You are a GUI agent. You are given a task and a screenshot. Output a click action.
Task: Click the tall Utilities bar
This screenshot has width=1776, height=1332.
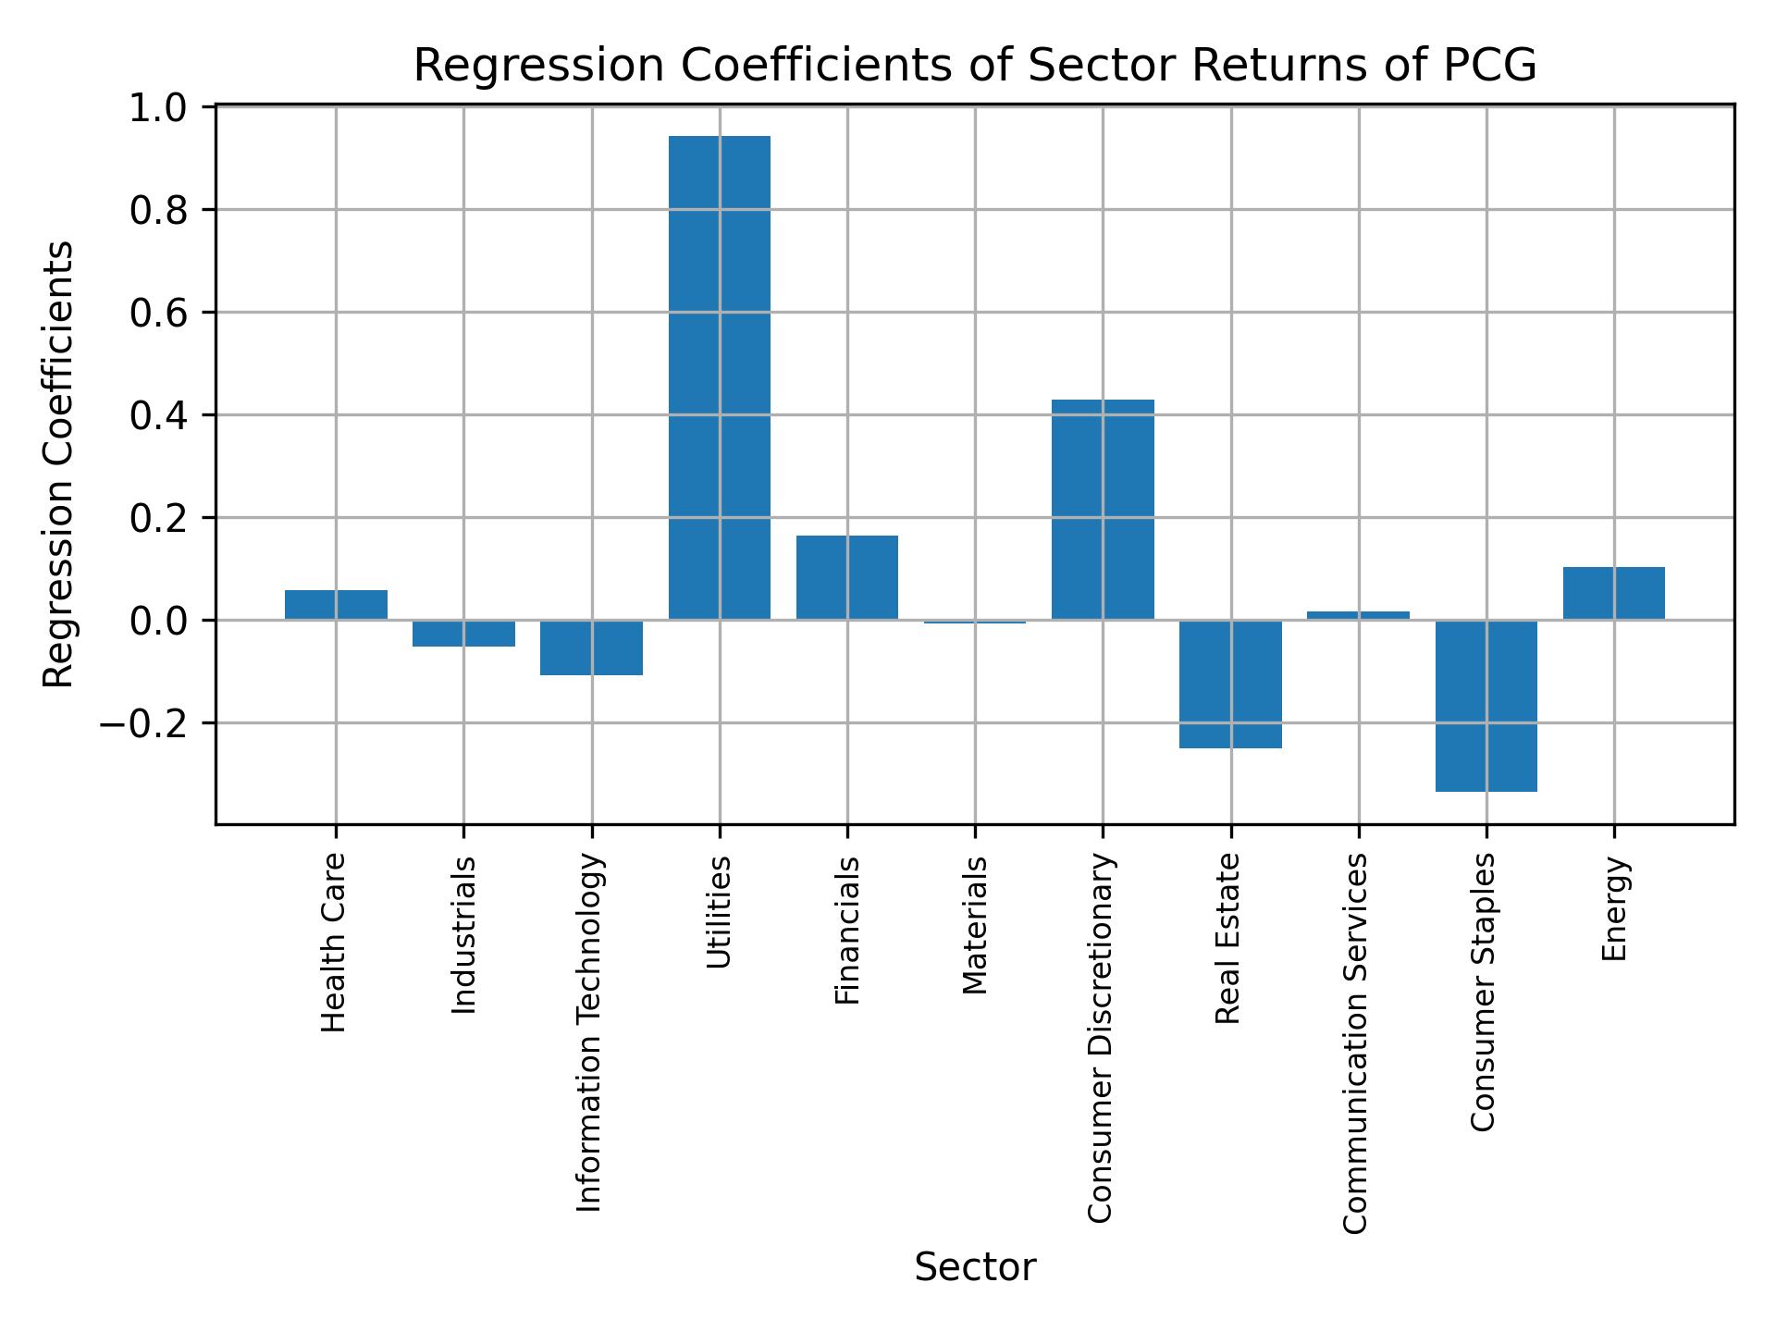pos(719,377)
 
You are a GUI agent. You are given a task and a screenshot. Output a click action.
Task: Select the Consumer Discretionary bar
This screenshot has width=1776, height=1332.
pos(1103,509)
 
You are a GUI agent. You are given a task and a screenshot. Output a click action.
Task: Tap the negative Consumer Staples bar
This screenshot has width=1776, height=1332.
pos(1486,705)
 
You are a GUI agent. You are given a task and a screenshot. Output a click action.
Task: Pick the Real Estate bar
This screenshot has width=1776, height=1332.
pos(1230,684)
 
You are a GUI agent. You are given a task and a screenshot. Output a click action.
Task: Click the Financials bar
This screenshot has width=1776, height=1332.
pos(846,577)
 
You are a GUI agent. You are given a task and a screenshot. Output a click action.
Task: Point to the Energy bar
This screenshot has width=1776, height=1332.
pos(1613,593)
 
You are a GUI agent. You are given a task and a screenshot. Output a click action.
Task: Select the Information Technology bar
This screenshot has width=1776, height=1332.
pos(591,647)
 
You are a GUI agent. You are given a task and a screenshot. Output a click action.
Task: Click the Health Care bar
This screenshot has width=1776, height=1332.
pos(336,605)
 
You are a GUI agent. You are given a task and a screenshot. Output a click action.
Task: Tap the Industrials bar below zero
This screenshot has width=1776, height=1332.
pos(463,634)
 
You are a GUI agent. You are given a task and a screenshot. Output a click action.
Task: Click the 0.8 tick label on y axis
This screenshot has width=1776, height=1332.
pos(159,212)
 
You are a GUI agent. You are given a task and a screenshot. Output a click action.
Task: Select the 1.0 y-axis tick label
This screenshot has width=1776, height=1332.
pos(159,109)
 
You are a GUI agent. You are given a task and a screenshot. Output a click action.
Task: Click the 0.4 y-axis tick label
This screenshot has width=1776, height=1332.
pos(159,416)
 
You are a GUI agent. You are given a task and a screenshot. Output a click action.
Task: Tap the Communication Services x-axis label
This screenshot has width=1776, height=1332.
pos(1355,1042)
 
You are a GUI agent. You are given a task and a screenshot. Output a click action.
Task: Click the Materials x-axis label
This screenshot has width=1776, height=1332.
pos(975,925)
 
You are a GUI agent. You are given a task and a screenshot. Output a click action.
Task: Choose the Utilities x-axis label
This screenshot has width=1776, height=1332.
pos(719,912)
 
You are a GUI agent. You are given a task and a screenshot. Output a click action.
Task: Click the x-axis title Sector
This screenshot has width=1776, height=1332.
pos(975,1267)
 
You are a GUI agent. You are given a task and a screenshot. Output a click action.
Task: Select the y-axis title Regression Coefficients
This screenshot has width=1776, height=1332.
pos(59,464)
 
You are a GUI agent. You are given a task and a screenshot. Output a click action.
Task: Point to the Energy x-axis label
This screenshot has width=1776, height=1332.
pos(1614,908)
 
